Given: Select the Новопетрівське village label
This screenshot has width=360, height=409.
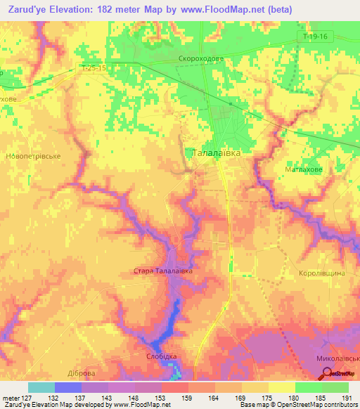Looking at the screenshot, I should [34, 156].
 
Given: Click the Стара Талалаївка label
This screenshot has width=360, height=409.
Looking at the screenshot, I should [162, 271].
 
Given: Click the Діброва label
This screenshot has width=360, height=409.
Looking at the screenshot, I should [79, 373].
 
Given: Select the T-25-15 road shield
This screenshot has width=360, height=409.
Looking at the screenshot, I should [94, 68].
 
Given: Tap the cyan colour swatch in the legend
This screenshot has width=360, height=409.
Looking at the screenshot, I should [41, 387].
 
